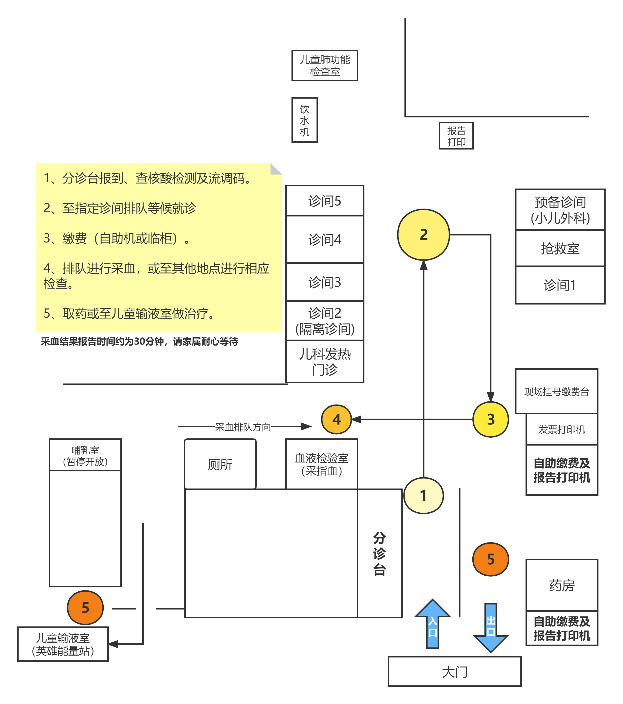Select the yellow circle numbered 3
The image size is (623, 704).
pos(490,419)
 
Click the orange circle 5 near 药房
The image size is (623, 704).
pos(490,559)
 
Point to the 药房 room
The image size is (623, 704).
pos(562,585)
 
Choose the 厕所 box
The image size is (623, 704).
pos(220,464)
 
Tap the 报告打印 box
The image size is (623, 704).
pos(456,136)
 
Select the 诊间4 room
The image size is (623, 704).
pos(324,239)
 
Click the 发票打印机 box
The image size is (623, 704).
pos(562,429)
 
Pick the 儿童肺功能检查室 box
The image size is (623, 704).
pos(324,65)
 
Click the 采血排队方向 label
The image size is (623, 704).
pos(243,427)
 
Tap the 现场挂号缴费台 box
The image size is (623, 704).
pos(556,391)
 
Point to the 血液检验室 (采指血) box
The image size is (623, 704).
pos(321,464)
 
